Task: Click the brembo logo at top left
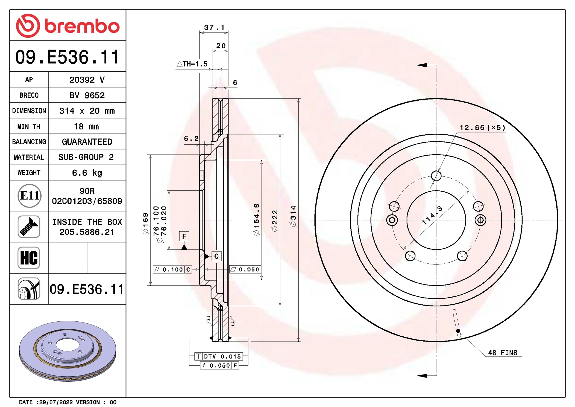pyautogui.click(x=68, y=26)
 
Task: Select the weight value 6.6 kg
pyautogui.click(x=87, y=173)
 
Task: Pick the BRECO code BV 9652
pyautogui.click(x=87, y=95)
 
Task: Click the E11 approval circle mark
pyautogui.click(x=30, y=196)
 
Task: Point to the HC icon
pyautogui.click(x=29, y=258)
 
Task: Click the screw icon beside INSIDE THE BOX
pyautogui.click(x=29, y=226)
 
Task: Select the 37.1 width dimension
pyautogui.click(x=214, y=27)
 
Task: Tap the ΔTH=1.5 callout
pyautogui.click(x=192, y=64)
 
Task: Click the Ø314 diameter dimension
pyautogui.click(x=293, y=216)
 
